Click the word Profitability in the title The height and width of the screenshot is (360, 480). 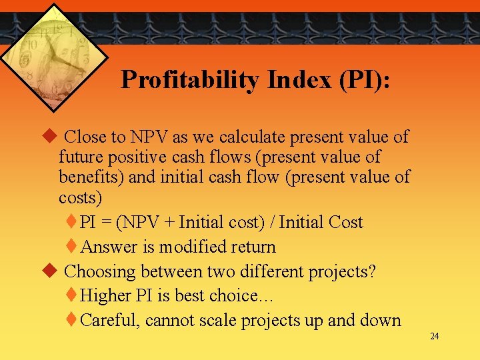point(190,81)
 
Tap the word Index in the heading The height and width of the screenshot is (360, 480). point(299,81)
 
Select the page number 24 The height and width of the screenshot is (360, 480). point(435,336)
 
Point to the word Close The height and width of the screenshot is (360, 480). point(87,137)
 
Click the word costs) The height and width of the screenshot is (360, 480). point(81,198)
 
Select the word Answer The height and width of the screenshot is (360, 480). point(110,247)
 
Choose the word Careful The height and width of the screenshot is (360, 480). point(109,321)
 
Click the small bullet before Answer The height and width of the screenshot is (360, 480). point(72,247)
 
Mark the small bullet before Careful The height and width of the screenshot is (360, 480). point(72,320)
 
